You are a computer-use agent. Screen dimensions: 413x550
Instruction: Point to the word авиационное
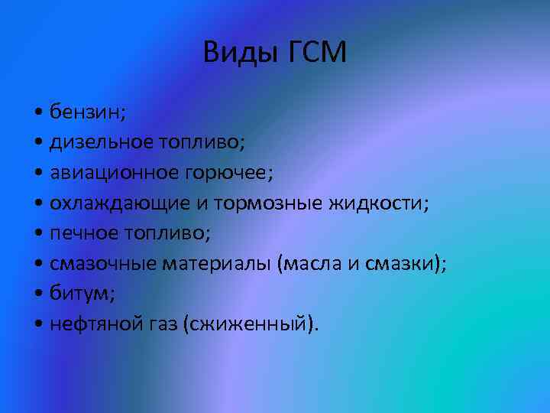tap(105, 173)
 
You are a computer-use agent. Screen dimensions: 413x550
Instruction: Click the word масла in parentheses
tap(310, 263)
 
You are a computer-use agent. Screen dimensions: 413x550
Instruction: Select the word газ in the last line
tap(163, 325)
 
